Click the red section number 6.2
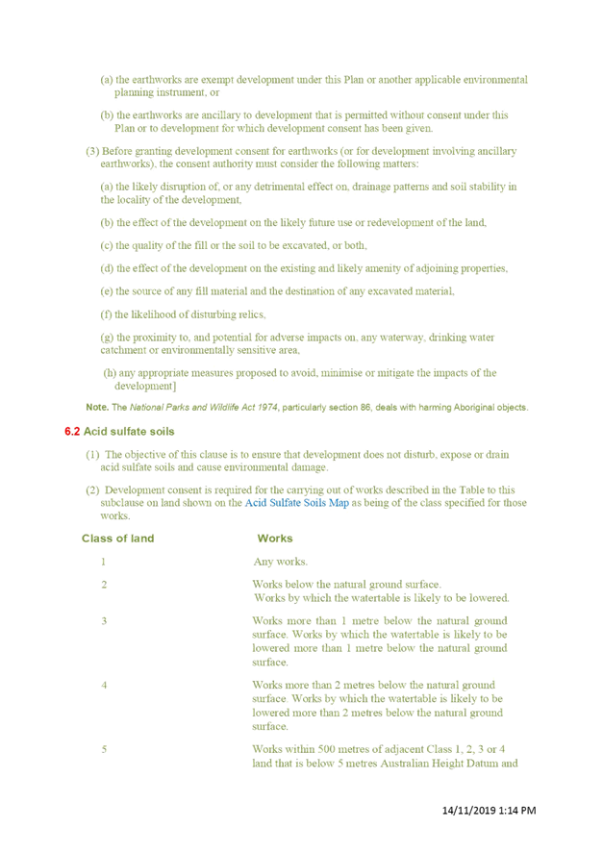pyautogui.click(x=72, y=432)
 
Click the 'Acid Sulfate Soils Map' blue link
pyautogui.click(x=296, y=503)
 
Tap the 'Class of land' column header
pyautogui.click(x=118, y=539)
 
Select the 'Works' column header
pyautogui.click(x=275, y=539)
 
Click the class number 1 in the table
pyautogui.click(x=104, y=562)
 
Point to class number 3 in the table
pyautogui.click(x=104, y=620)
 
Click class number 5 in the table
pyautogui.click(x=104, y=749)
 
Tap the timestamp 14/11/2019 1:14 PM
pyautogui.click(x=489, y=810)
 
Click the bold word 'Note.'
pyautogui.click(x=97, y=407)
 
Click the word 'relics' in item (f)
pyautogui.click(x=252, y=314)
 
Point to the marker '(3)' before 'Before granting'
pyautogui.click(x=92, y=151)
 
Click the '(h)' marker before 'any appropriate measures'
pyautogui.click(x=110, y=373)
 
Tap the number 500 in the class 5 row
pyautogui.click(x=327, y=749)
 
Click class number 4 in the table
pyautogui.click(x=104, y=685)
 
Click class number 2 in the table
pyautogui.click(x=104, y=585)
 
